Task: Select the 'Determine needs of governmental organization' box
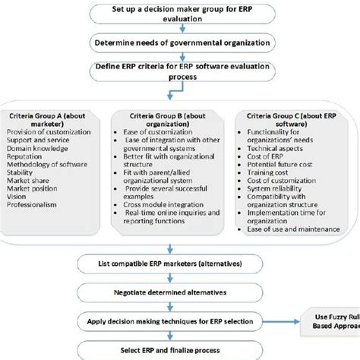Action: tap(179, 43)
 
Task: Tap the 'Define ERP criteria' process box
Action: tap(179, 71)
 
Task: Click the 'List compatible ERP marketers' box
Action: tap(179, 263)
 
